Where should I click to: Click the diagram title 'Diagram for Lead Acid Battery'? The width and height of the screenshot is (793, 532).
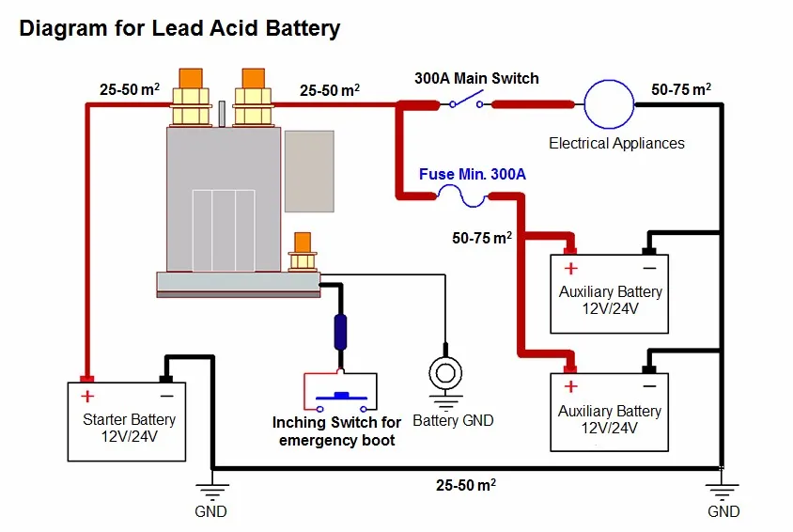[179, 28]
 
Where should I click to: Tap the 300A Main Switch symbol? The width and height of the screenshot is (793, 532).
[466, 101]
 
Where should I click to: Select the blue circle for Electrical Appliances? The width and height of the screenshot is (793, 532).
[609, 104]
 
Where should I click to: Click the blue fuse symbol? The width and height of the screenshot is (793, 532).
[461, 196]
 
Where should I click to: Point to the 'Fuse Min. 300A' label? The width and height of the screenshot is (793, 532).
[473, 175]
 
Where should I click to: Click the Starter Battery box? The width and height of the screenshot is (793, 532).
[127, 422]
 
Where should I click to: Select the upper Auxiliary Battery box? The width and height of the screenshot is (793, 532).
[610, 294]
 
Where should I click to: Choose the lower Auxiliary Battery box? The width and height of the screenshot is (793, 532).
[610, 412]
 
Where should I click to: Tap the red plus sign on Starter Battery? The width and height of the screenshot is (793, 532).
[87, 396]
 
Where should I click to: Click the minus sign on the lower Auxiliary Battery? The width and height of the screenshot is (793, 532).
[650, 386]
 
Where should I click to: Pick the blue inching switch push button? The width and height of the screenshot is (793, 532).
[342, 396]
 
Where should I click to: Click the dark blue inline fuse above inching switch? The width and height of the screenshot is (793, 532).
[341, 332]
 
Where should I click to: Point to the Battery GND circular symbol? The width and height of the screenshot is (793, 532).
[445, 373]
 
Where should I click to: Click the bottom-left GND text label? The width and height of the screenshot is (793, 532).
[210, 511]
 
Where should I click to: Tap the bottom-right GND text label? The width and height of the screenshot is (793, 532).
[723, 511]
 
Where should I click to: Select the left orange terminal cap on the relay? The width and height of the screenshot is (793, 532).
[191, 78]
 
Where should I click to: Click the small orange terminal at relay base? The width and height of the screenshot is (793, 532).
[303, 243]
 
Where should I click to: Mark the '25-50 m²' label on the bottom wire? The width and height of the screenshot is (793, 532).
[466, 485]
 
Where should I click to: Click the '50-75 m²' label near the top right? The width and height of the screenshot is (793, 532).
[681, 89]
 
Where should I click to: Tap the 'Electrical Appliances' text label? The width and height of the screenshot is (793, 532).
[616, 144]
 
